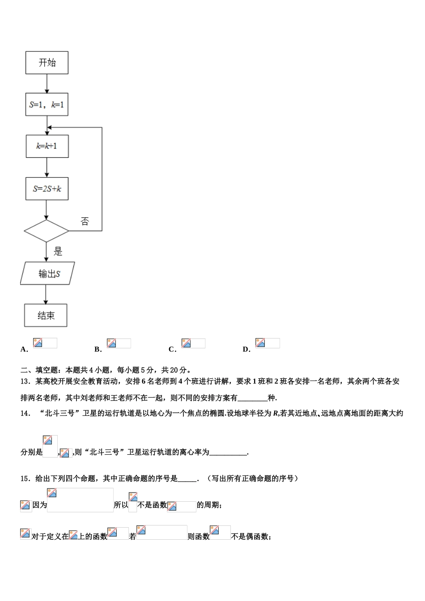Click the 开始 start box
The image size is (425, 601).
[x=47, y=63]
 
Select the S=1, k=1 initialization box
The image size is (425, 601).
[x=47, y=105]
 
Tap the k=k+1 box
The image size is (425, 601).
[x=47, y=146]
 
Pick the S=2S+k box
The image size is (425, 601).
[x=47, y=189]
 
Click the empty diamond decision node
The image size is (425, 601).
[x=46, y=231]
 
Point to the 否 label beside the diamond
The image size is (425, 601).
[x=85, y=221]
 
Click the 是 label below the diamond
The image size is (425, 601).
[x=58, y=251]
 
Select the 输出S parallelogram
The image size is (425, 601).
[x=47, y=273]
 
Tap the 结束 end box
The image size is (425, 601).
[x=46, y=316]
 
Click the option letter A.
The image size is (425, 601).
[x=24, y=350]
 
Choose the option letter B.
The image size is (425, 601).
[x=98, y=350]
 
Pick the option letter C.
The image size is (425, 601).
[x=172, y=350]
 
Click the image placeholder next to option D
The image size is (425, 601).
[x=268, y=343]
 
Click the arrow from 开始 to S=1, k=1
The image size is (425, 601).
[x=47, y=83]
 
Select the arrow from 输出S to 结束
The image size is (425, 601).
[x=46, y=294]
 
